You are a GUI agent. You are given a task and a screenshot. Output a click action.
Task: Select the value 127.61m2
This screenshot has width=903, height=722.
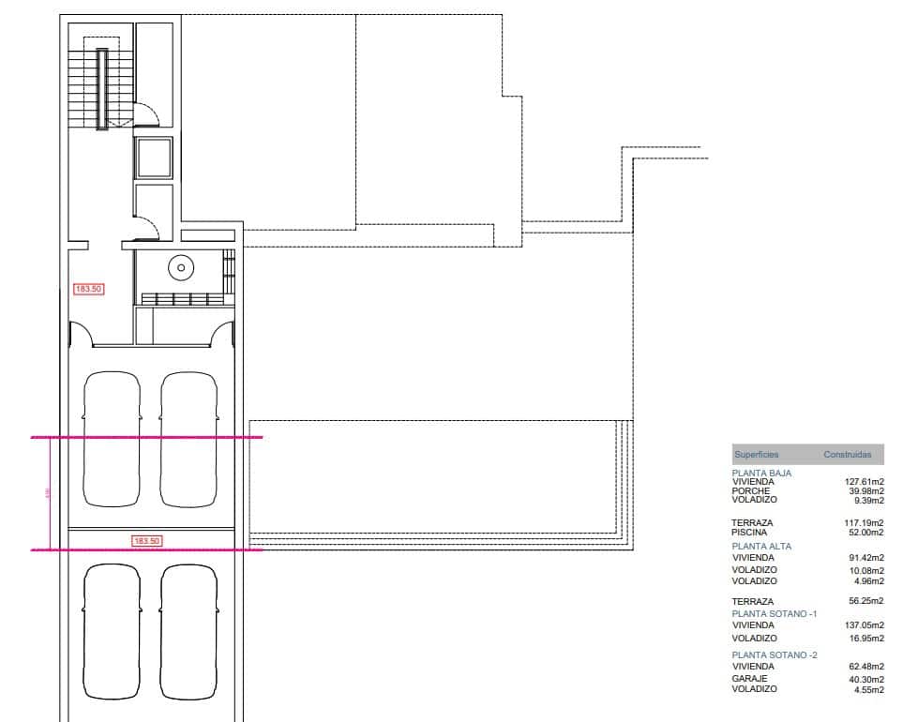pyautogui.click(x=865, y=482)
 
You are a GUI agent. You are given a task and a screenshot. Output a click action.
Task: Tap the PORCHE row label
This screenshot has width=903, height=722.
pyautogui.click(x=750, y=491)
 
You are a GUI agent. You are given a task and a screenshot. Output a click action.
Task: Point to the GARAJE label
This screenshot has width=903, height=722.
pyautogui.click(x=748, y=678)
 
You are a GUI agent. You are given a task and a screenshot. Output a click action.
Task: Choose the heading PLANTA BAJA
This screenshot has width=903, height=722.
pyautogui.click(x=761, y=474)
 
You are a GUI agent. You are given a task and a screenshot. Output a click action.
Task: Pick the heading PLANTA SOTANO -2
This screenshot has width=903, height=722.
pyautogui.click(x=775, y=654)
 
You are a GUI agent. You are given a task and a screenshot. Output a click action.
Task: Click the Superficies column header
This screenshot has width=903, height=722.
pyautogui.click(x=756, y=455)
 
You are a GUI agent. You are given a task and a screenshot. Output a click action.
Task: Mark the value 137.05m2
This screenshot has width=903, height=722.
pyautogui.click(x=865, y=625)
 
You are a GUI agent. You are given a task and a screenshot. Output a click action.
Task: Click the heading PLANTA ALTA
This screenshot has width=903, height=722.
pyautogui.click(x=761, y=546)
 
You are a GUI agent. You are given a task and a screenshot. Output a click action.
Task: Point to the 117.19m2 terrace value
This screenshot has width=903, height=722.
pyautogui.click(x=865, y=522)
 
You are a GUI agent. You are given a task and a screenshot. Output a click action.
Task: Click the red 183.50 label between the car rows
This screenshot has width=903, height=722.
pyautogui.click(x=146, y=541)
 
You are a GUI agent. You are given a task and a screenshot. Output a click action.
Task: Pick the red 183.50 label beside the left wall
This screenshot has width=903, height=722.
pyautogui.click(x=88, y=290)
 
